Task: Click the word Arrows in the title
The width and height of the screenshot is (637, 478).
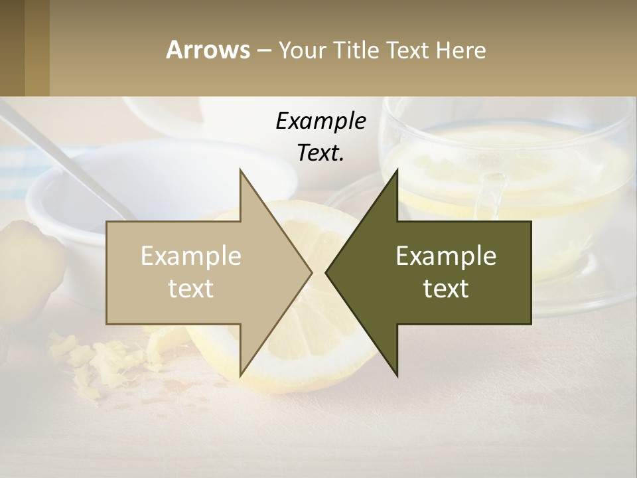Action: (x=208, y=50)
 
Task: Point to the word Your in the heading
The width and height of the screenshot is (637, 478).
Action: (x=301, y=50)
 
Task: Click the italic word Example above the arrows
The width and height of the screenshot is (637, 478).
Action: (x=320, y=121)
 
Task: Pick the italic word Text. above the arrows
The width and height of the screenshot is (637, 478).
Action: (x=320, y=153)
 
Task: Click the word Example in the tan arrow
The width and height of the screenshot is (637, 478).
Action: (x=191, y=256)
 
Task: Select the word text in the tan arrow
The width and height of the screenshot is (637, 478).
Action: (x=191, y=289)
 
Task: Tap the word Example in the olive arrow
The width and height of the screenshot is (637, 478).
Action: (x=446, y=256)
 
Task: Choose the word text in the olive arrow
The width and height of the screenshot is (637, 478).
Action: (x=446, y=289)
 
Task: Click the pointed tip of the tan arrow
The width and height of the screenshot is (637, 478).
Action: (x=311, y=272)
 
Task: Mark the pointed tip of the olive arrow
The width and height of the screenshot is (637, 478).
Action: (x=327, y=272)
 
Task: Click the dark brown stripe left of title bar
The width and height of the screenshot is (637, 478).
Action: (x=12, y=48)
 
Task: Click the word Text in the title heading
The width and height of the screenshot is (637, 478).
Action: (x=408, y=50)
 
